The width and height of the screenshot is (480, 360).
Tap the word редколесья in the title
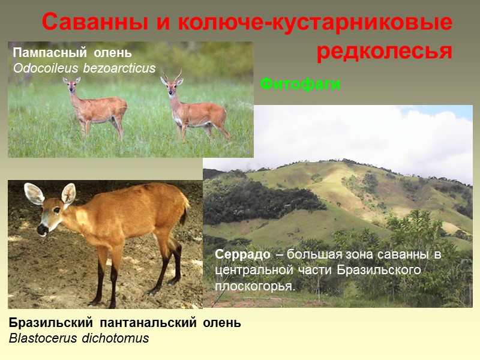(x=384, y=52)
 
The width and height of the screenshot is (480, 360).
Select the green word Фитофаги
(x=301, y=85)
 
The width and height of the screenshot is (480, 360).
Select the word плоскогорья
(x=255, y=286)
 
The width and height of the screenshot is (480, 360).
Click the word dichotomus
(x=116, y=338)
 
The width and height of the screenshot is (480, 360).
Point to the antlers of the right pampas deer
(x=172, y=75)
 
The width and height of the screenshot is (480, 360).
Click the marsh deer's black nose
(x=42, y=229)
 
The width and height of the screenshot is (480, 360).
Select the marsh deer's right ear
(x=68, y=193)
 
